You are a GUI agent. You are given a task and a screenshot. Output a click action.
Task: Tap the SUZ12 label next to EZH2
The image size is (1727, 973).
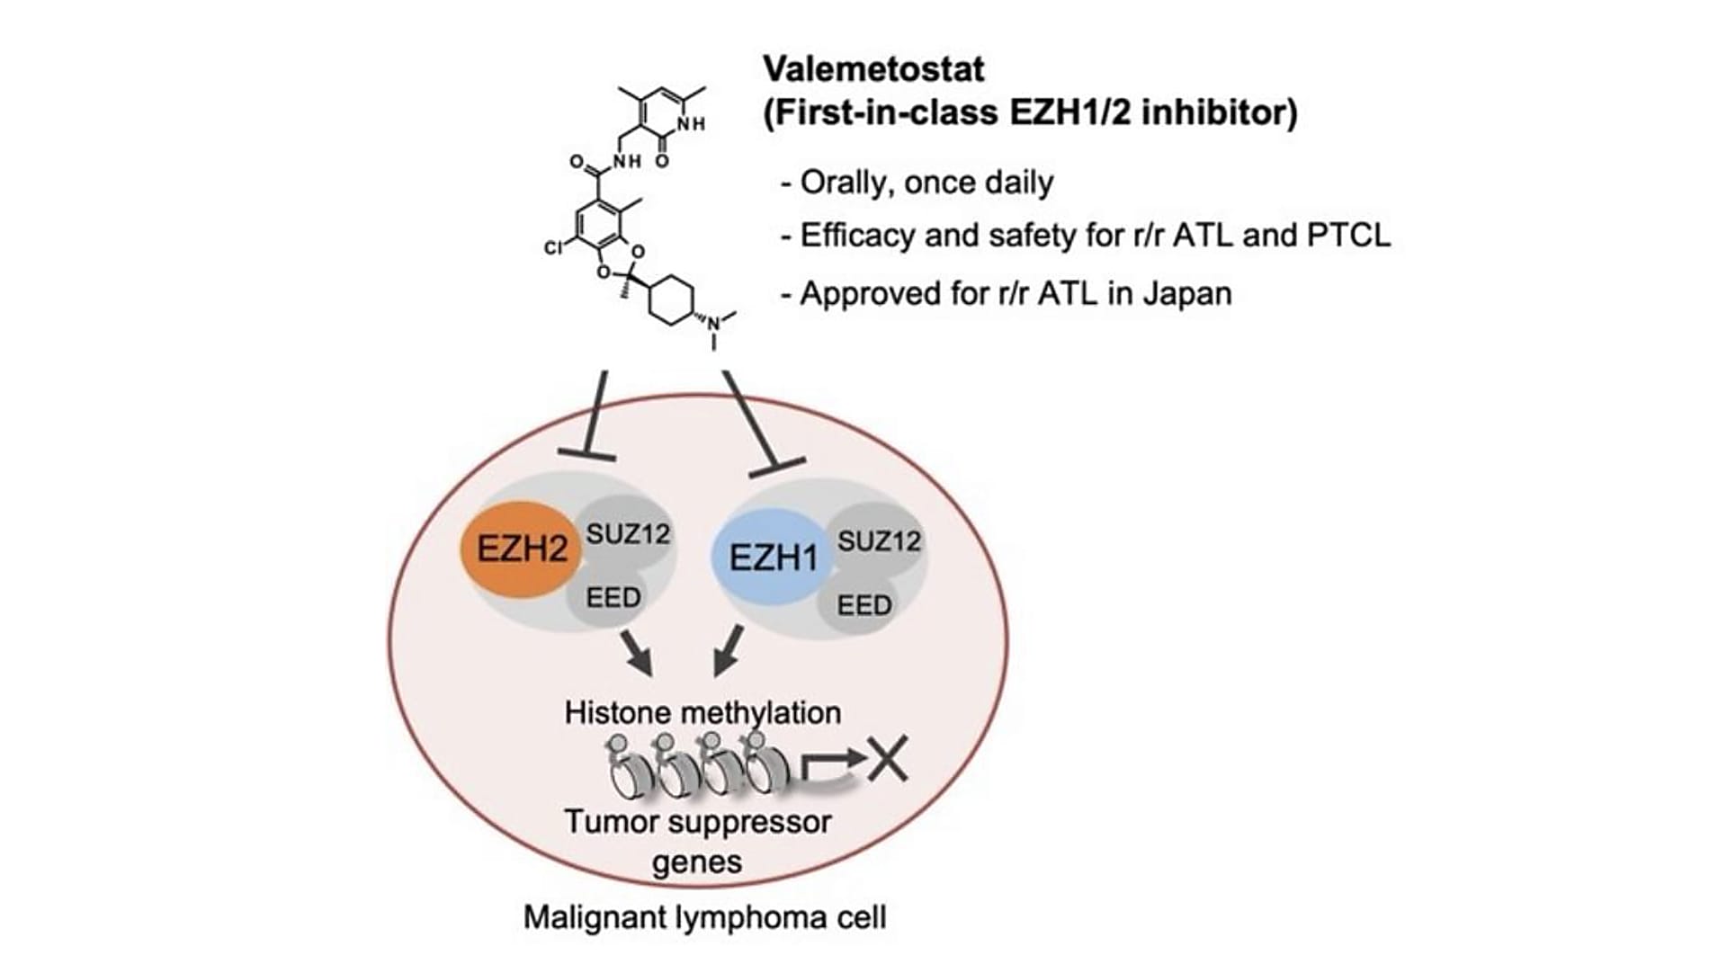628,533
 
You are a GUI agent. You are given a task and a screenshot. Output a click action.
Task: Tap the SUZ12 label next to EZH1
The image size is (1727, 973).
879,540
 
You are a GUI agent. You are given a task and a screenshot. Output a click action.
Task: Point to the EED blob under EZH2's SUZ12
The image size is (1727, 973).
613,597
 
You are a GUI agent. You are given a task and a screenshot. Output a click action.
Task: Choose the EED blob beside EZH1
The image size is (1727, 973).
863,605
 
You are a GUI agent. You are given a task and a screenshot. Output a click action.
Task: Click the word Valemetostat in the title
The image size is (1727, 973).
873,68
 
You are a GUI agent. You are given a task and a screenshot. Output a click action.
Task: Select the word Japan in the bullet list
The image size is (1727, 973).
1187,293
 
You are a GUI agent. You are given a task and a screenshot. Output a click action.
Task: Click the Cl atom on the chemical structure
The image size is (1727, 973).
553,246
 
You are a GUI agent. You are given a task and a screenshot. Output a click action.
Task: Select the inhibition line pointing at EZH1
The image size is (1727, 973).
761,423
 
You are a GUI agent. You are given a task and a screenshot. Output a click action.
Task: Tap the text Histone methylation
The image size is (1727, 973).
702,712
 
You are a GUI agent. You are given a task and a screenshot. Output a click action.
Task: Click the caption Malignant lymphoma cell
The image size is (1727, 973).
704,917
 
